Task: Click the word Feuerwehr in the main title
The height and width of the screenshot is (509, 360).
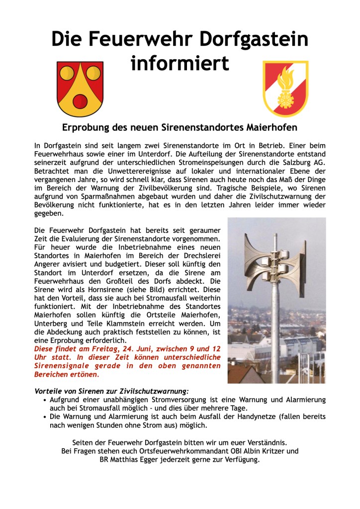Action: tap(141, 39)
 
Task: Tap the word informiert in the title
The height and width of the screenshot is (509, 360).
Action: tap(180, 64)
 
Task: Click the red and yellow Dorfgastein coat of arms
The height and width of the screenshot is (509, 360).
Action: tap(80, 88)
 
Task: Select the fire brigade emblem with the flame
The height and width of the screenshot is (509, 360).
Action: tap(285, 88)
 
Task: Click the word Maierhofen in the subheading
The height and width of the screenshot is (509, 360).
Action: tap(272, 127)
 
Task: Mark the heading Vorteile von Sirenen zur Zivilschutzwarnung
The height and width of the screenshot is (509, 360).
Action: tap(111, 391)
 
